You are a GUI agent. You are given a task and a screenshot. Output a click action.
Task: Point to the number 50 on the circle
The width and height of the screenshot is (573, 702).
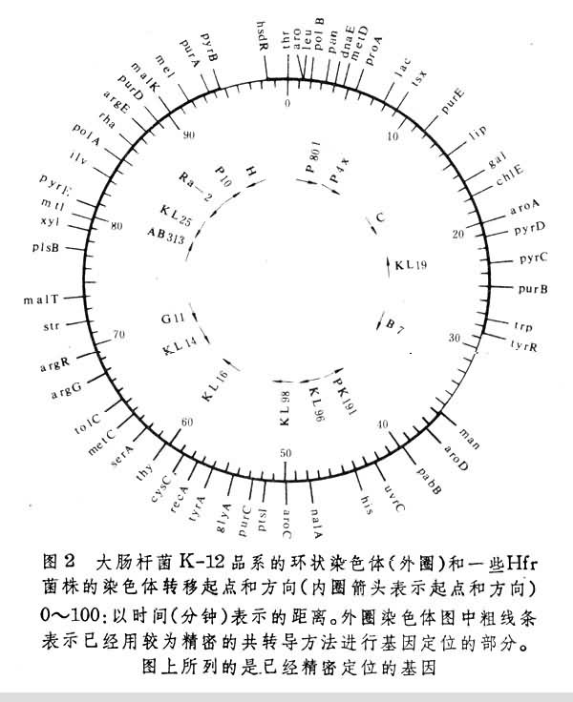click(287, 451)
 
